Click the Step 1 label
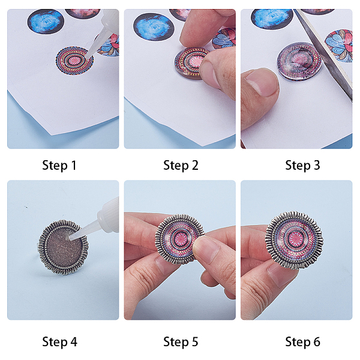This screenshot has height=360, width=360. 59,166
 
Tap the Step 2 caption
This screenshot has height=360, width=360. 181,166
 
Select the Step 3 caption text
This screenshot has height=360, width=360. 302,166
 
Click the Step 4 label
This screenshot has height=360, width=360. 59,342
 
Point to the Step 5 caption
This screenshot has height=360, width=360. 181,342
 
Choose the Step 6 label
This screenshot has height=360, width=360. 302,342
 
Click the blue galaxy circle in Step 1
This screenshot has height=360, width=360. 46,22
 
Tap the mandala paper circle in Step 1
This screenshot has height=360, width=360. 74,61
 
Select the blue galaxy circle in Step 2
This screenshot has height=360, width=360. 154,27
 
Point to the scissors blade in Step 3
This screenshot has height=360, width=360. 324,53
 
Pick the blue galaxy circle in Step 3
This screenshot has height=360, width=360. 272,19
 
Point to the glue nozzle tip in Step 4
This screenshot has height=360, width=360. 70,238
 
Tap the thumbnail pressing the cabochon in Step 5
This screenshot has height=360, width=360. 205,249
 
